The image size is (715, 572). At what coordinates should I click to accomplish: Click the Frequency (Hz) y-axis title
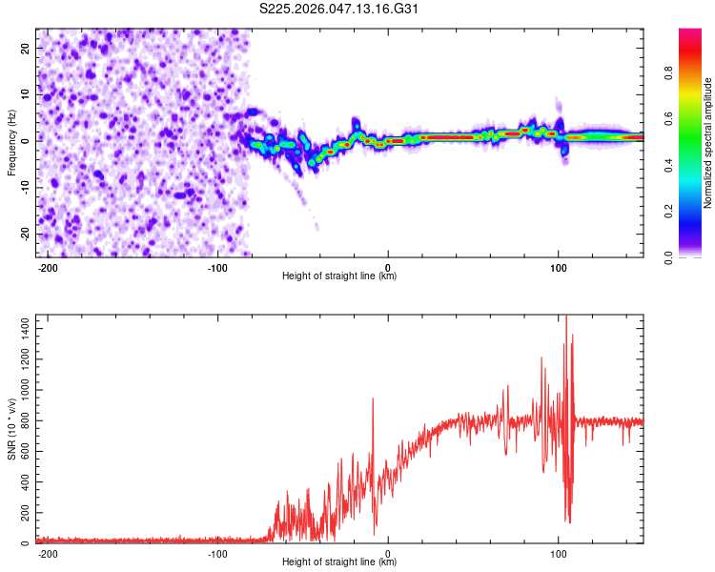11,143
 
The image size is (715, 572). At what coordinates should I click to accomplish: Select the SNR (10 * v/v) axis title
11,429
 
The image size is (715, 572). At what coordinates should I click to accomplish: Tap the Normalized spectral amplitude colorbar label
708,143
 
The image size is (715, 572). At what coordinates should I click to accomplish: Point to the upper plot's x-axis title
339,276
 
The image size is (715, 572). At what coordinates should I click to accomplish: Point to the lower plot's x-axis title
339,562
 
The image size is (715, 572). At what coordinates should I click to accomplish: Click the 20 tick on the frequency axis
25,48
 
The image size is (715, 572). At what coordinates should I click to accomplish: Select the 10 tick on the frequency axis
25,94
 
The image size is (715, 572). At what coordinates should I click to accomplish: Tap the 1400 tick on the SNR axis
19,327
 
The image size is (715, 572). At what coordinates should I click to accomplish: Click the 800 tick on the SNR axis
22,420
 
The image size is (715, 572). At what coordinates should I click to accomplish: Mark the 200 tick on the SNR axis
22,513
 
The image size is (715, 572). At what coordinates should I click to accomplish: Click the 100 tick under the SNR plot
559,552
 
